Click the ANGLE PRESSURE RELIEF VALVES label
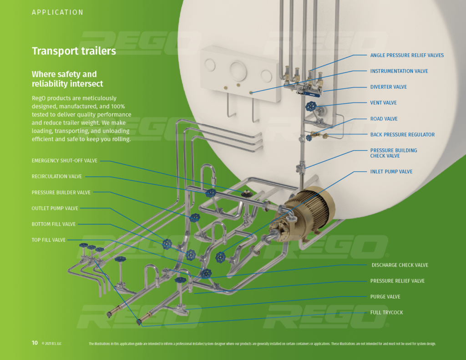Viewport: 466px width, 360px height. tap(406, 56)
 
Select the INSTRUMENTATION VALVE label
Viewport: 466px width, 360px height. tap(399, 71)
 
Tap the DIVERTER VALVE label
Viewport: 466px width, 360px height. tap(388, 87)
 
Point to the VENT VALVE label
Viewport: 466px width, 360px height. tap(383, 103)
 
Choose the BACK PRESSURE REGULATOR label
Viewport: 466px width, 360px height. tap(402, 135)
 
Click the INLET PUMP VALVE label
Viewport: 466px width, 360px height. tap(391, 172)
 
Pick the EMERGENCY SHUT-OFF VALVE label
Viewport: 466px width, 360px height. tap(64, 161)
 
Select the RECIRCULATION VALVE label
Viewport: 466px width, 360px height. tap(57, 177)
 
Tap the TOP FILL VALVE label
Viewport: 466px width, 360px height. tap(49, 240)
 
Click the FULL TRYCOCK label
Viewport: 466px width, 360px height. tap(386, 313)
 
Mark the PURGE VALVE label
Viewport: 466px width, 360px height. tap(385, 297)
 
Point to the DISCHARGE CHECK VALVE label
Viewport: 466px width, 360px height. tap(400, 265)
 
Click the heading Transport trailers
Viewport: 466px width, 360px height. tap(74, 51)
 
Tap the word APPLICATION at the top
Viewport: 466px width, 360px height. tap(57, 13)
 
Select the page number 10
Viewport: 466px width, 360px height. tap(35, 343)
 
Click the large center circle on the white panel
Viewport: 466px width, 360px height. tap(238, 71)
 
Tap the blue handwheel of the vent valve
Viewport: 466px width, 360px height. tap(311, 106)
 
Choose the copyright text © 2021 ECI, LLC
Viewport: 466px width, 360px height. tap(51, 344)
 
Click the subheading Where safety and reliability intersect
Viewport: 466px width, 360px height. tap(67, 79)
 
